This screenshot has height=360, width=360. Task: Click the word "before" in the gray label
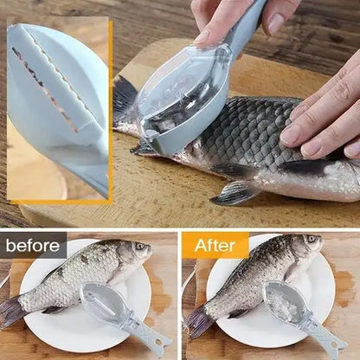click(33, 245)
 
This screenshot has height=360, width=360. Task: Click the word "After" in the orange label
click(215, 246)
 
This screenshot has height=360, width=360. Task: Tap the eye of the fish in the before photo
click(139, 246)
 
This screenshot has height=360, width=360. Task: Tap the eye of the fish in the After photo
click(311, 239)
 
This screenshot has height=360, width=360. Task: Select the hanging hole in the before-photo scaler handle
click(157, 343)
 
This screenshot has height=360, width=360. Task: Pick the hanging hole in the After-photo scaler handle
click(333, 344)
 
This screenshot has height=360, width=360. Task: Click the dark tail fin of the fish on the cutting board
click(124, 95)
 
